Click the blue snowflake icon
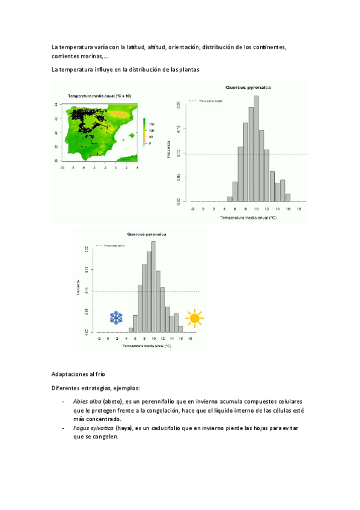click(x=117, y=318)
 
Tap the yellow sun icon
click(x=194, y=318)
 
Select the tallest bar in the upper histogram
click(x=256, y=148)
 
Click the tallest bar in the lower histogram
click(x=153, y=286)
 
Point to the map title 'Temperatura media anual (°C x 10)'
click(x=99, y=96)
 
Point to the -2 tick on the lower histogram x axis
click(x=99, y=339)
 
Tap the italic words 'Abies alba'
click(x=87, y=401)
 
